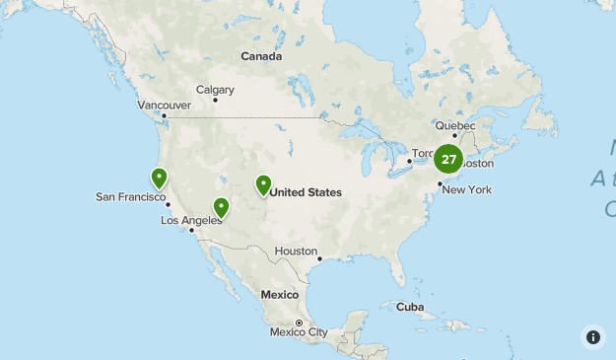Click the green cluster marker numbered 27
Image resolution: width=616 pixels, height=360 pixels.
tap(448, 159)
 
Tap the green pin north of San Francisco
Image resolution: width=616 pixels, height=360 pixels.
tap(159, 178)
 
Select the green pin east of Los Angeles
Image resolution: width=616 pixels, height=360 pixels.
tap(222, 207)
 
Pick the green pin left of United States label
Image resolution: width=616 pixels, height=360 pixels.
tap(263, 184)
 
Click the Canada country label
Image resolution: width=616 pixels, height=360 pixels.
tap(261, 57)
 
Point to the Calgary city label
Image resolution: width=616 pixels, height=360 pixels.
tap(215, 90)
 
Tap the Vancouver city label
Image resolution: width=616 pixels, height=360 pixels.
tap(164, 105)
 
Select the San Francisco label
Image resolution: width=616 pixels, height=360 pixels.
tap(129, 197)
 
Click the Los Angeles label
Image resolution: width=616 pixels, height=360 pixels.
tap(190, 221)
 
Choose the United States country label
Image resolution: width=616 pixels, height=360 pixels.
tap(306, 192)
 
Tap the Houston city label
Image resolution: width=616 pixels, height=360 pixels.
tap(296, 252)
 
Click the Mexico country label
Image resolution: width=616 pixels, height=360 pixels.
tap(279, 295)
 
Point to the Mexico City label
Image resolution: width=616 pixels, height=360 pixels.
tap(299, 332)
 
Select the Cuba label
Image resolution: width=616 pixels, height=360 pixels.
tap(409, 306)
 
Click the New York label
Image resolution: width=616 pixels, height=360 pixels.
tap(467, 189)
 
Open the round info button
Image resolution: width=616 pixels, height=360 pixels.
tap(593, 337)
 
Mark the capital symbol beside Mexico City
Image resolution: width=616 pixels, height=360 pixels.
tap(300, 323)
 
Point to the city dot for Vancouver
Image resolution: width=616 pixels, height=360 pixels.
tap(166, 115)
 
